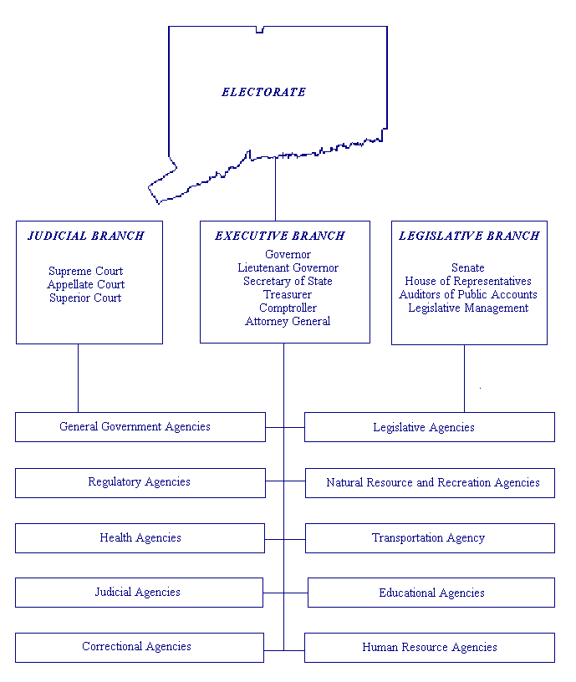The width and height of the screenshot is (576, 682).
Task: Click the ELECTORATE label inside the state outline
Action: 263,92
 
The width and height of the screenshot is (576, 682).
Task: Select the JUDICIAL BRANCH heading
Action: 86,236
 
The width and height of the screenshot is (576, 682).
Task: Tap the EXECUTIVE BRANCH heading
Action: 280,236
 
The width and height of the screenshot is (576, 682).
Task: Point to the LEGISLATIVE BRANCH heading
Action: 469,236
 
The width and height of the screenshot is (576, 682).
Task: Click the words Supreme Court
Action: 85,271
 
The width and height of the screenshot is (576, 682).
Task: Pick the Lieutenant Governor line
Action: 288,267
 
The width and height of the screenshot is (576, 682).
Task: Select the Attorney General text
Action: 288,321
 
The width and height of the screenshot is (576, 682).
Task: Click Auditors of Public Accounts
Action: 468,294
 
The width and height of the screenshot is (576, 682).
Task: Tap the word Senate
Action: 468,267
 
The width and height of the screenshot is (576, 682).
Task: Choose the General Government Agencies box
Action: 140,426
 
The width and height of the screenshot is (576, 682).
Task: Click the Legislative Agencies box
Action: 429,427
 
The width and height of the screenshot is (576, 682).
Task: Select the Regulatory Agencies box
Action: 140,482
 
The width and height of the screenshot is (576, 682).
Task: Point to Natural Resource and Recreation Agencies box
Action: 430,483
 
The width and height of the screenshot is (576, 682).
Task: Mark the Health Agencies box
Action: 140,538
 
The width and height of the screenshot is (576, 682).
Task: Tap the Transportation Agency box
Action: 430,538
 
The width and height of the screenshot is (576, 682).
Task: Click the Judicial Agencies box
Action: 139,593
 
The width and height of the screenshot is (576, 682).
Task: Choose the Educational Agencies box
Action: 431,593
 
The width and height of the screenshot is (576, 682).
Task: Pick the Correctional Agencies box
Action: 140,647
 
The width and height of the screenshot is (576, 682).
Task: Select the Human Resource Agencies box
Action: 429,648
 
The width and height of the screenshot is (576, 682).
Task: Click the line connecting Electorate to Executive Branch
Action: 275,189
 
